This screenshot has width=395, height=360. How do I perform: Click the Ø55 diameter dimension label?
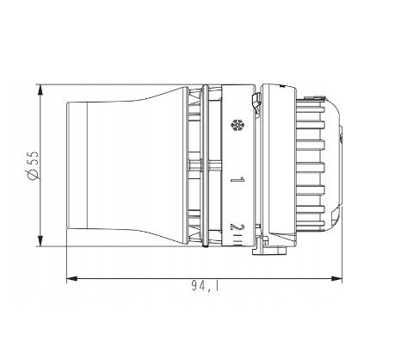[33, 165]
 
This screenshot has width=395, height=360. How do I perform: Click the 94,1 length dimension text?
[205, 286]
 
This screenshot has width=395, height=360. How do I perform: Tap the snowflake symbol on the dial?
[238, 125]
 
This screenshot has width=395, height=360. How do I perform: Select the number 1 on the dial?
[238, 180]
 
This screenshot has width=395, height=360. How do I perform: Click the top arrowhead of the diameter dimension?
[40, 90]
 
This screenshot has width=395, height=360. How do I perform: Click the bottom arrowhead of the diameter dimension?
[40, 241]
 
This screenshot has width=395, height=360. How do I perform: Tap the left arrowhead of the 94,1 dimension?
[72, 278]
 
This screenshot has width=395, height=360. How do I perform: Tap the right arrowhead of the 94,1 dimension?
[336, 278]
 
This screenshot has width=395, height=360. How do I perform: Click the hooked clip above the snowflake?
[256, 102]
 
